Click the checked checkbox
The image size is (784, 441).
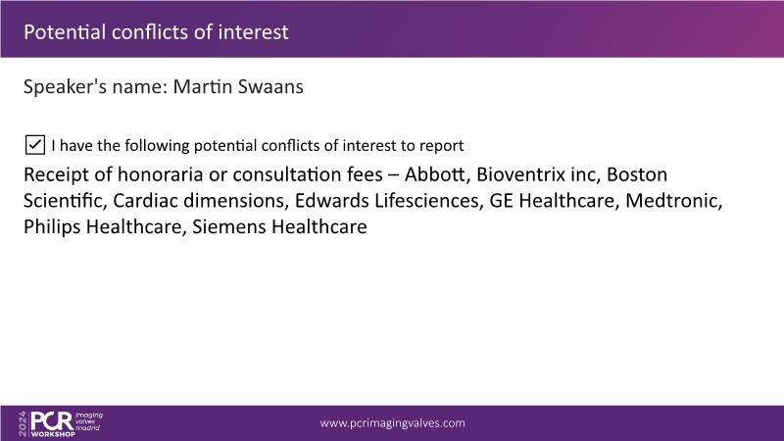point(35,145)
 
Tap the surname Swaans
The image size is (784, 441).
point(270,86)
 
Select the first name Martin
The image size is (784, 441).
point(203,86)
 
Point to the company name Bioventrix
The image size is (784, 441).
point(520,174)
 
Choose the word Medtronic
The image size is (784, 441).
point(673,201)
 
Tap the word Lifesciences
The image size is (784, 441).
point(428,201)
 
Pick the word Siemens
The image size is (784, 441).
point(229,227)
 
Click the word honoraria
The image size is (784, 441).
point(161,174)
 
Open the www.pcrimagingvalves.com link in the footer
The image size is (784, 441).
point(393,423)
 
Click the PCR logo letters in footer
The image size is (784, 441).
point(52,421)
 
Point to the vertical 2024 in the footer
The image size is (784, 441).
point(23,424)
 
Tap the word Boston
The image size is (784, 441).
point(636,174)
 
